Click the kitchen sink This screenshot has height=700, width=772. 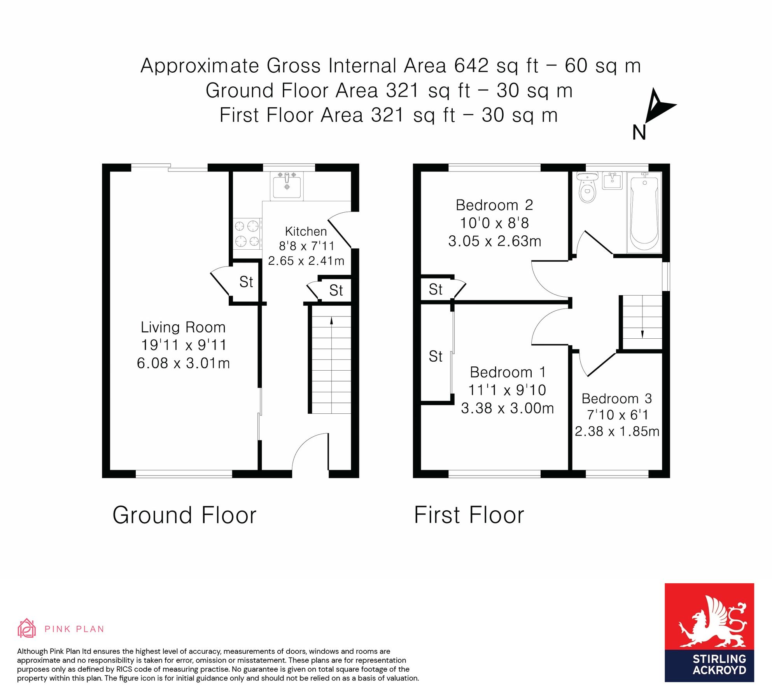pyautogui.click(x=287, y=186)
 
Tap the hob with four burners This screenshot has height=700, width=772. pyautogui.click(x=247, y=233)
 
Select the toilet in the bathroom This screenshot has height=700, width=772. pyautogui.click(x=587, y=188)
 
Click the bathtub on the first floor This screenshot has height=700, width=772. pyautogui.click(x=644, y=214)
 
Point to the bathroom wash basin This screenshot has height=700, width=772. pyautogui.click(x=612, y=181)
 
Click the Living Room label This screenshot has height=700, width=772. pyautogui.click(x=183, y=327)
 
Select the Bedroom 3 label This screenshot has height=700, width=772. pyautogui.click(x=616, y=398)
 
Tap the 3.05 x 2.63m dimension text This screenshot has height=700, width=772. pyautogui.click(x=494, y=241)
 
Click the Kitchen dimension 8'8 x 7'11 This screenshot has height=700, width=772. pyautogui.click(x=306, y=246)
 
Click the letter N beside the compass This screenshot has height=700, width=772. pyautogui.click(x=639, y=133)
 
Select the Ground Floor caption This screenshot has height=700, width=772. pyautogui.click(x=184, y=515)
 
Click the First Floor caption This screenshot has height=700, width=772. pyautogui.click(x=469, y=515)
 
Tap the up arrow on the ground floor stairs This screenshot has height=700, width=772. pyautogui.click(x=331, y=320)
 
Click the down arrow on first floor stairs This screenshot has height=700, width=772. pyautogui.click(x=642, y=334)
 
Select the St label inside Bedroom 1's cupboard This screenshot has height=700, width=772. pyautogui.click(x=435, y=356)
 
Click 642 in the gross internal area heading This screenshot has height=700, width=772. pyautogui.click(x=471, y=65)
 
